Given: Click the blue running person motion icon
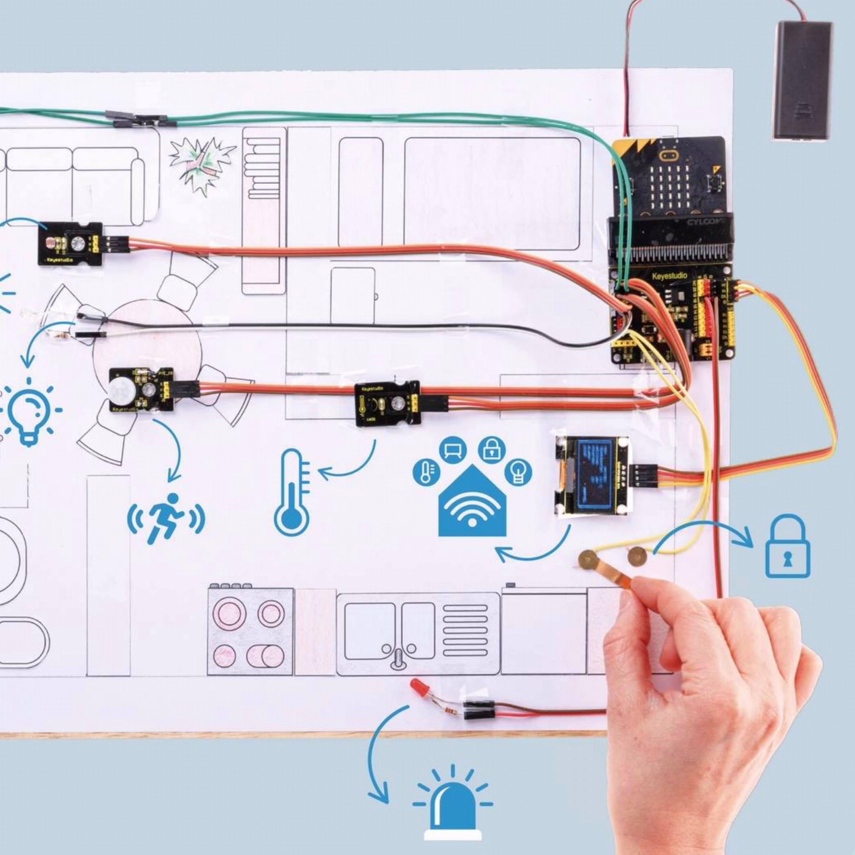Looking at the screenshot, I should [166, 518].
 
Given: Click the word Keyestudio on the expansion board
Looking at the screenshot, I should [670, 276].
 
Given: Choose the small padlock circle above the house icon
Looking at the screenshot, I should [492, 449].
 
